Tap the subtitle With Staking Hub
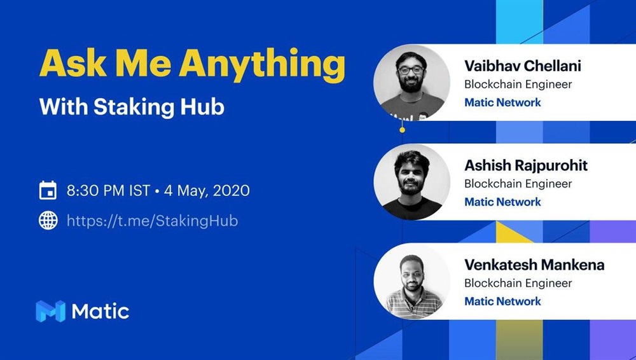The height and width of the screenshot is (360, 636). coord(132,107)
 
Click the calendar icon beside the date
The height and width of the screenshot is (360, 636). coord(48,190)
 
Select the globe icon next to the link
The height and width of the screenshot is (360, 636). coord(48,220)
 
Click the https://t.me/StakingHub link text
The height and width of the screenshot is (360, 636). coord(153,221)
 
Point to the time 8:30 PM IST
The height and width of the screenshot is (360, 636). coord(109,190)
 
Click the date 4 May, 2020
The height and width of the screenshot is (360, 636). coord(207,191)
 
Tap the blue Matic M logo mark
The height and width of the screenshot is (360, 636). coord(51,311)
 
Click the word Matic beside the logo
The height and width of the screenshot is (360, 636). coord(100,311)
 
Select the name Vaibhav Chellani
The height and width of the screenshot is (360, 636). coord(523,66)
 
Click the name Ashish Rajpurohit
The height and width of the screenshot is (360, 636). coord(526,165)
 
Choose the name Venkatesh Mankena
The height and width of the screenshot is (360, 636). coord(535,265)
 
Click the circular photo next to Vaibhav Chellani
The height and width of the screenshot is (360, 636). coord(411,83)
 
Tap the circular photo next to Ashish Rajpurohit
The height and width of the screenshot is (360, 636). coord(411,183)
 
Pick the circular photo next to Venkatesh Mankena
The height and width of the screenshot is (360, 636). coord(411,282)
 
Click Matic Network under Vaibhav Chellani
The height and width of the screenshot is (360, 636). coord(502,102)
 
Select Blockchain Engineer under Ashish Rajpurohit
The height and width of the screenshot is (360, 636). coord(518,184)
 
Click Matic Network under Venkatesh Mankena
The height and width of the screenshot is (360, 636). coord(502,301)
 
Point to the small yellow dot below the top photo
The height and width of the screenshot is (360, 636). coord(402,130)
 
